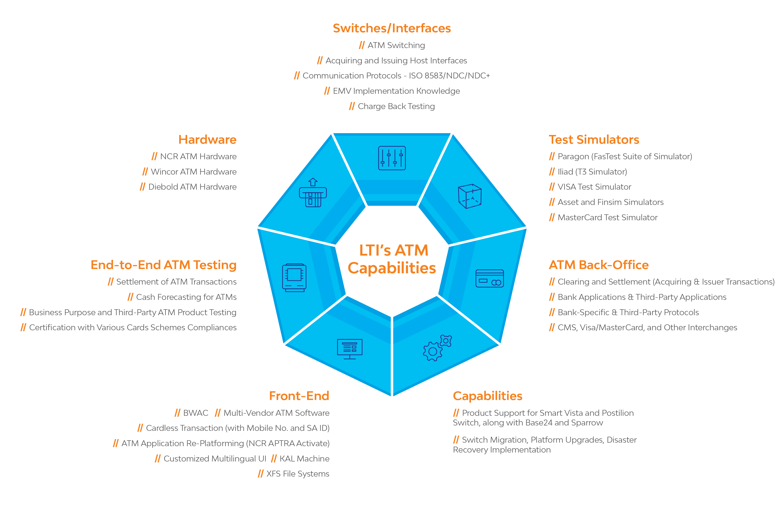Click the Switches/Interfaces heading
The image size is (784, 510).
[x=392, y=28]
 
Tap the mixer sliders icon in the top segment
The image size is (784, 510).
[x=392, y=158]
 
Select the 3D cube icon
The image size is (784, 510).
[x=470, y=196]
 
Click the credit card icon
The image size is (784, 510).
[x=490, y=278]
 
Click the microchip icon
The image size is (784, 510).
[x=294, y=278]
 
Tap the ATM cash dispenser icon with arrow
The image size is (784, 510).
[x=313, y=193]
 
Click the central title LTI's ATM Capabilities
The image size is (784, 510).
[x=392, y=259]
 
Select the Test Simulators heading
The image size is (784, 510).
[x=594, y=139]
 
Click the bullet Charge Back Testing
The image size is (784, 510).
[x=392, y=106]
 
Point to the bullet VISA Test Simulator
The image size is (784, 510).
[x=590, y=187]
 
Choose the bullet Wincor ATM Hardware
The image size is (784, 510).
[x=189, y=171]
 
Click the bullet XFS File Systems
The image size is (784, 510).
[x=293, y=474]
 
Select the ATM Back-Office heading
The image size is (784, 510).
[x=598, y=265]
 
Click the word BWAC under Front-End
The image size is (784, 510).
[x=196, y=413]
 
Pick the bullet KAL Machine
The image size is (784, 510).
[x=300, y=459]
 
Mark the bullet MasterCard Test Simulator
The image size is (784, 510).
[x=603, y=217]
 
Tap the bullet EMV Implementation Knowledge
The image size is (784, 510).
[x=392, y=91]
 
